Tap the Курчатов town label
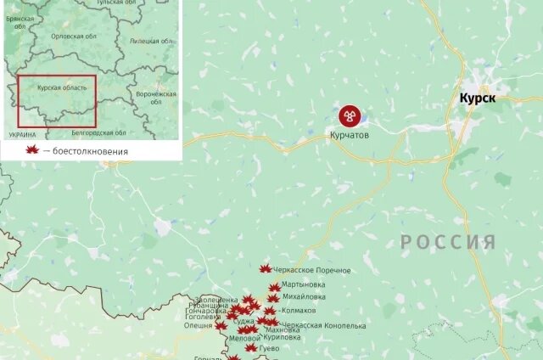tap(349, 134)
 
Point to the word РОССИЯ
tap(448, 242)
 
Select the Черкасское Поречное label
tap(312, 270)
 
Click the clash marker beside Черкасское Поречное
tap(266, 269)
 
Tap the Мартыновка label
tap(304, 284)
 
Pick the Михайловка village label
tap(304, 297)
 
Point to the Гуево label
tap(269, 348)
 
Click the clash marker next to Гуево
tap(251, 348)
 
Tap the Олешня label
tap(199, 325)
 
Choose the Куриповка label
tap(283, 337)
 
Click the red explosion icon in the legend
tap(33, 150)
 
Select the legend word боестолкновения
tap(91, 151)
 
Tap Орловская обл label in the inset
tap(74, 37)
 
